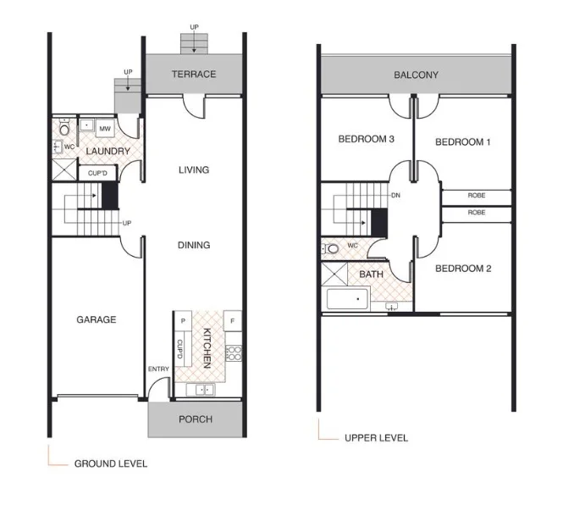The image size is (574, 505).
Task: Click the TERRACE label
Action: point(194,74)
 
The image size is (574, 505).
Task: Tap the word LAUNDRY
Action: point(108,152)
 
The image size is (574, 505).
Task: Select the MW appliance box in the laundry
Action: point(106,129)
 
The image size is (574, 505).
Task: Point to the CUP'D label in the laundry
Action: point(98,173)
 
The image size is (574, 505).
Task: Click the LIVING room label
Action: point(194,169)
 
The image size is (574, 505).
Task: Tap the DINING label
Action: point(194,245)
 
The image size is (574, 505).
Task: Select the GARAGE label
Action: point(97,319)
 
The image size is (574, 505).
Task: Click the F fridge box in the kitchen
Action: point(231,321)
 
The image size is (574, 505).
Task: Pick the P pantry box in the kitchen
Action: point(182,321)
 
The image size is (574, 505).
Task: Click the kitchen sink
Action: point(205,390)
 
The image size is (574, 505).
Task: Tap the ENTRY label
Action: point(158,369)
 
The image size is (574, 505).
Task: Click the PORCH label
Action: point(196,419)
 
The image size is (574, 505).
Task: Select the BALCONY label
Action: point(416,75)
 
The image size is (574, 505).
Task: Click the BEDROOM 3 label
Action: point(366,140)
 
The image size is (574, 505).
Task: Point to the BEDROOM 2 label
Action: point(463,269)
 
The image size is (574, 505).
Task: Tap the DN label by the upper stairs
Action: point(395,196)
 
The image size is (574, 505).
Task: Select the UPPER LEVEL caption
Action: point(376,438)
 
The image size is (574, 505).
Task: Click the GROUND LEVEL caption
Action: point(110,463)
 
